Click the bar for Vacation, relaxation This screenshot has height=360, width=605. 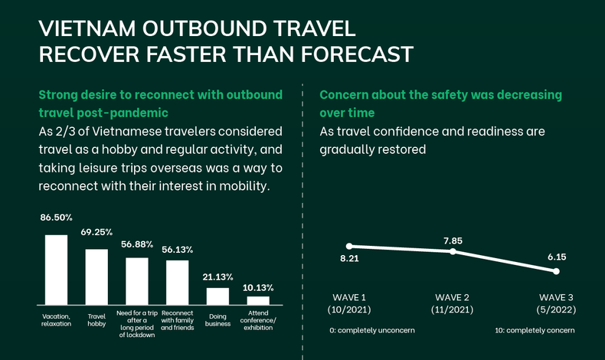[x=56, y=270]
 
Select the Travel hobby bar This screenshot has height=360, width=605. [x=96, y=277]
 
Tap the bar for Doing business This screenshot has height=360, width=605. [x=217, y=296]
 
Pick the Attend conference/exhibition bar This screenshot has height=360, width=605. [x=258, y=301]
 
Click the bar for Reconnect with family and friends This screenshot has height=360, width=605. [x=177, y=283]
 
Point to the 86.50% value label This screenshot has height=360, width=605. [x=56, y=218]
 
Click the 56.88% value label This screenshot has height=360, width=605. [x=137, y=244]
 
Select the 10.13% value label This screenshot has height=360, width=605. [x=259, y=287]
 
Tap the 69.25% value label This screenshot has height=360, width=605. [x=96, y=231]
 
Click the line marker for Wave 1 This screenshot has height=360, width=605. [x=349, y=246]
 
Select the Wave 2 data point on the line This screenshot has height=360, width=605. [x=453, y=251]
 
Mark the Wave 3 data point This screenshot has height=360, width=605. [x=557, y=271]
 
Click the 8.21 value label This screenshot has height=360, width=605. [x=349, y=259]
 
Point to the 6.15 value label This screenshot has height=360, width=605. [x=557, y=257]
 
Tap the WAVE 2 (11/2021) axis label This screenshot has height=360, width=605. [x=453, y=304]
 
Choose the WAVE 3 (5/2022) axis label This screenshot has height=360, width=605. [x=556, y=304]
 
